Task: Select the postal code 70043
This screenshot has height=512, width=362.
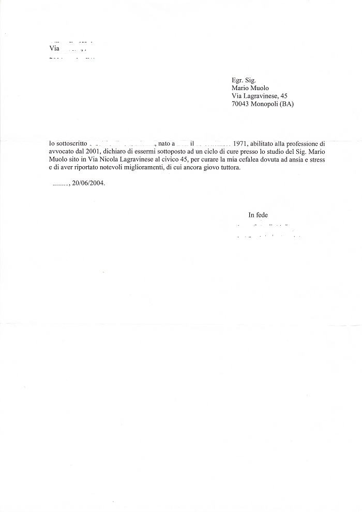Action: (241, 104)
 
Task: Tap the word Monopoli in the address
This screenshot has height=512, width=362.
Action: (264, 104)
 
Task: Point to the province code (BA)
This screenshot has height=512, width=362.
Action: (286, 104)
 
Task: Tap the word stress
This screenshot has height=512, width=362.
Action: (316, 160)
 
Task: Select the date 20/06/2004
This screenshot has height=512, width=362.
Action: (89, 183)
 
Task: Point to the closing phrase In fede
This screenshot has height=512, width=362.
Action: (258, 215)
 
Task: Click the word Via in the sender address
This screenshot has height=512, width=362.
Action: (54, 49)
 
